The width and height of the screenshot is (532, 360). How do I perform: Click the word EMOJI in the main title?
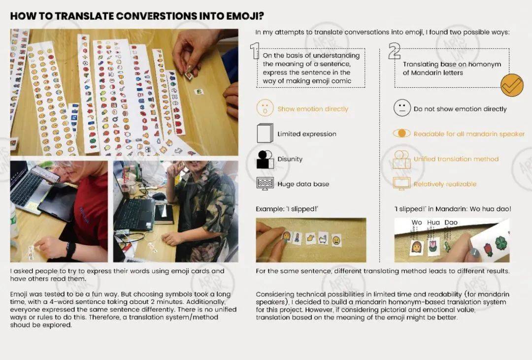(x=239, y=16)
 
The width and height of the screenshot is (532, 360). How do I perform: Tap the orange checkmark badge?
(x=512, y=85)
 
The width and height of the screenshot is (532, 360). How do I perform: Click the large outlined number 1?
(x=255, y=51)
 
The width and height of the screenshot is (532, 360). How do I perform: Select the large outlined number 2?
(x=394, y=51)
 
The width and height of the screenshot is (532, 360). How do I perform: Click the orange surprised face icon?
(x=265, y=108)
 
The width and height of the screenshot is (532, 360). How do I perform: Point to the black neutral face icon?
(x=402, y=108)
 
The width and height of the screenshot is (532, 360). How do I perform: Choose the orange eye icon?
(x=402, y=133)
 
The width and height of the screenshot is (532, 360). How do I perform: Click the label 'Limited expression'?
(x=307, y=134)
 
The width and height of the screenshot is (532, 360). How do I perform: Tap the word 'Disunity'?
(x=290, y=159)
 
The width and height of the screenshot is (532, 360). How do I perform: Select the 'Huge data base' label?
(x=303, y=184)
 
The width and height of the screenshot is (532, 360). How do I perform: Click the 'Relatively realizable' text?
(x=445, y=184)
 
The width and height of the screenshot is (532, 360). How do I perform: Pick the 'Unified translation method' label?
(x=456, y=159)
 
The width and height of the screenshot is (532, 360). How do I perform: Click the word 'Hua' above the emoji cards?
(x=433, y=223)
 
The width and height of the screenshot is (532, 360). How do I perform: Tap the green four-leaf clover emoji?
(x=501, y=243)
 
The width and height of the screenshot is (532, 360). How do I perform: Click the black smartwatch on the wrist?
(x=70, y=250)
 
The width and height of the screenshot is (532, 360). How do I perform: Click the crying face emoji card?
(x=336, y=240)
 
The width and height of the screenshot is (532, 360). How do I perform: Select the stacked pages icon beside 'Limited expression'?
(x=265, y=133)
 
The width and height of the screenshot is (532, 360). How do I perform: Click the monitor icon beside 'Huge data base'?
(x=265, y=184)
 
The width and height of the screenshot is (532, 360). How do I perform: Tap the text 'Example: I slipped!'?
(x=287, y=209)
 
